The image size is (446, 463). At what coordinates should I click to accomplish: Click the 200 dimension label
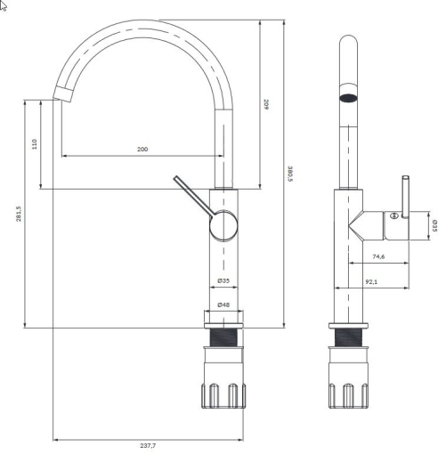tap(142, 149)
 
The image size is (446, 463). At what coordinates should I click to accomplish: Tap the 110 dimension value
tap(35, 144)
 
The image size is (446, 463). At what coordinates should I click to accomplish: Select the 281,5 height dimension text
tap(19, 214)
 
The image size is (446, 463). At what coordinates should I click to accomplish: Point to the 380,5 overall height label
tap(290, 174)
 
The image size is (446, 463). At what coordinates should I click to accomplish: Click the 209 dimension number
tap(266, 104)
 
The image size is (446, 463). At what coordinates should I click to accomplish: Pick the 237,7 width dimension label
tap(148, 445)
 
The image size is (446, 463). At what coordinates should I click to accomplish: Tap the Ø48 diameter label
tap(223, 305)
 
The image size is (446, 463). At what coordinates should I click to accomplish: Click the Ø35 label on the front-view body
tap(223, 280)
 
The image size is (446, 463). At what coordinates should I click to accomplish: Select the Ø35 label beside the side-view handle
tap(434, 226)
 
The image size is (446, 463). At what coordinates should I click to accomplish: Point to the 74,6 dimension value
tap(378, 256)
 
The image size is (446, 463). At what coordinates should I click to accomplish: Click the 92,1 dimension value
tap(371, 281)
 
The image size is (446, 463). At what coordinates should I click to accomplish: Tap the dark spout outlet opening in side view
tap(348, 98)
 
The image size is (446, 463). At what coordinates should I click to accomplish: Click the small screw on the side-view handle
tap(394, 215)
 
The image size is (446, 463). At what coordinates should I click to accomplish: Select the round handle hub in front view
tap(223, 225)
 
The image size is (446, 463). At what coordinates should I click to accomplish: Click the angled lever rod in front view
tap(193, 195)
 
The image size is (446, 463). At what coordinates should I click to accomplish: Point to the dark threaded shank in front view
tap(223, 337)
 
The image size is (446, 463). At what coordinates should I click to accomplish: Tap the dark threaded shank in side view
tap(348, 337)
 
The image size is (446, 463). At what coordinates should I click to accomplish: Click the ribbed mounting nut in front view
tap(223, 395)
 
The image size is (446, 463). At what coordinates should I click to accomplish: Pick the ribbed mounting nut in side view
tap(348, 395)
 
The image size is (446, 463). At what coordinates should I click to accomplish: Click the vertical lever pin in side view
tap(405, 197)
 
